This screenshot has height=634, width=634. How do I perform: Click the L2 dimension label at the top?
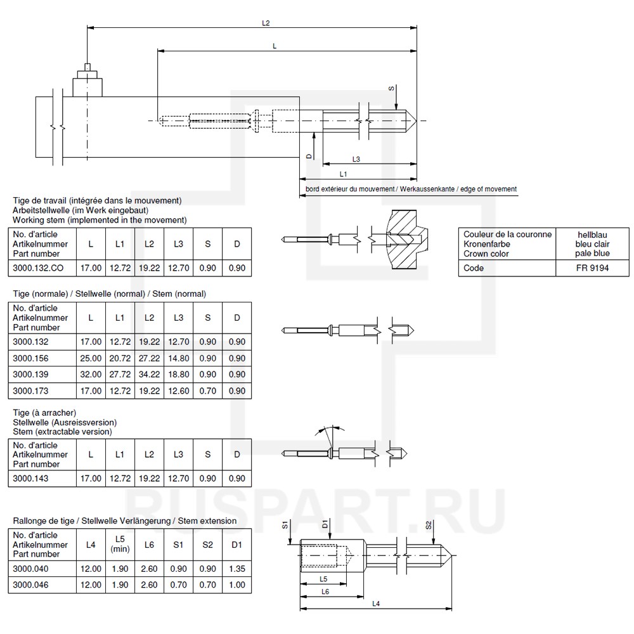pyautogui.click(x=266, y=23)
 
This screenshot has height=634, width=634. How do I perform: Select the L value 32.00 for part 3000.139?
pyautogui.click(x=91, y=375)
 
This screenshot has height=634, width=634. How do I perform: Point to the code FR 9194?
pyautogui.click(x=592, y=268)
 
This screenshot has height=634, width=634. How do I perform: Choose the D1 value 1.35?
pyautogui.click(x=236, y=569)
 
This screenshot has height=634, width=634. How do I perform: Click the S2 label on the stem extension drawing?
pyautogui.click(x=429, y=526)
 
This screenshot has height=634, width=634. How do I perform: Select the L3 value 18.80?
pyautogui.click(x=178, y=375)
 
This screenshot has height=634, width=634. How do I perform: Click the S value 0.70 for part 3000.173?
pyautogui.click(x=207, y=391)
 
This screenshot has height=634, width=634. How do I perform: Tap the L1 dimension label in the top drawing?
pyautogui.click(x=343, y=173)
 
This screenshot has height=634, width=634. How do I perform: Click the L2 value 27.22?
pyautogui.click(x=149, y=358)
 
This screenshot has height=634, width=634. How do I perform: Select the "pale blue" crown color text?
pyautogui.click(x=592, y=254)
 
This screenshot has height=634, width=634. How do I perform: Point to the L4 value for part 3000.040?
pyautogui.click(x=91, y=569)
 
